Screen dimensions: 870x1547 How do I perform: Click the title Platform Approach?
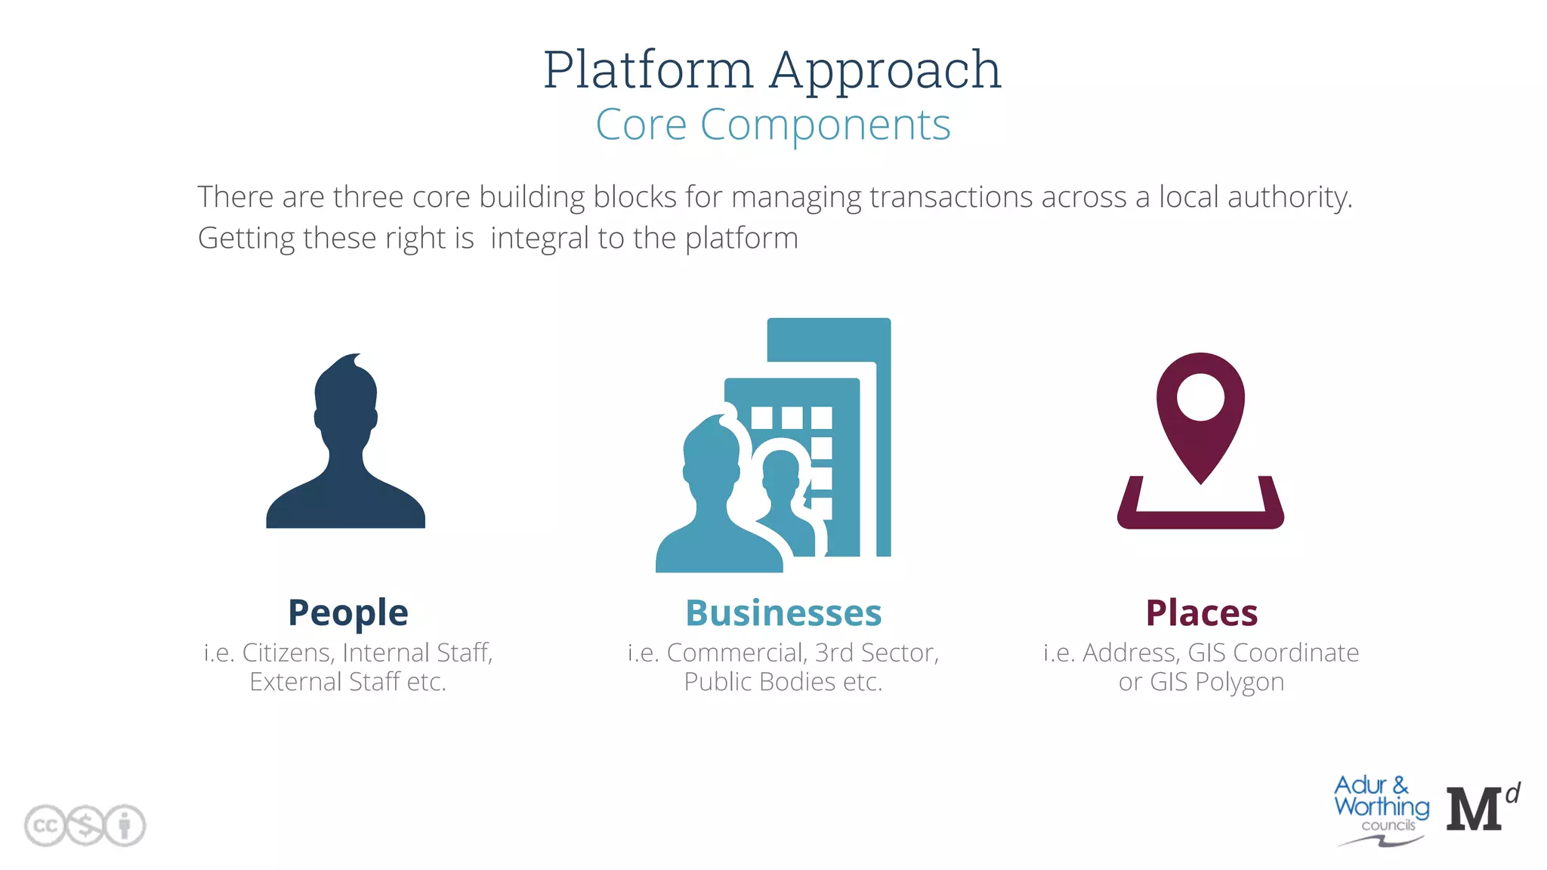[772, 69]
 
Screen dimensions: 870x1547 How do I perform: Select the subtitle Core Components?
[773, 125]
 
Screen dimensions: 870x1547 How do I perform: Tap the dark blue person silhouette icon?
[346, 446]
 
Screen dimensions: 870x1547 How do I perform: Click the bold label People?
[347, 612]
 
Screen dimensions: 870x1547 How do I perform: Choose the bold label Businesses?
[783, 612]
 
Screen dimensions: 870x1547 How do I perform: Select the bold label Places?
[1201, 612]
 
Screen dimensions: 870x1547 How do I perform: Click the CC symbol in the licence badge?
[45, 825]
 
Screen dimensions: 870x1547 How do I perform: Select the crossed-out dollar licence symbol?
[85, 825]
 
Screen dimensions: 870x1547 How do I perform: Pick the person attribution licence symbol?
[125, 825]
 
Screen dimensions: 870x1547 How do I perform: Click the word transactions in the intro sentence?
[951, 197]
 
